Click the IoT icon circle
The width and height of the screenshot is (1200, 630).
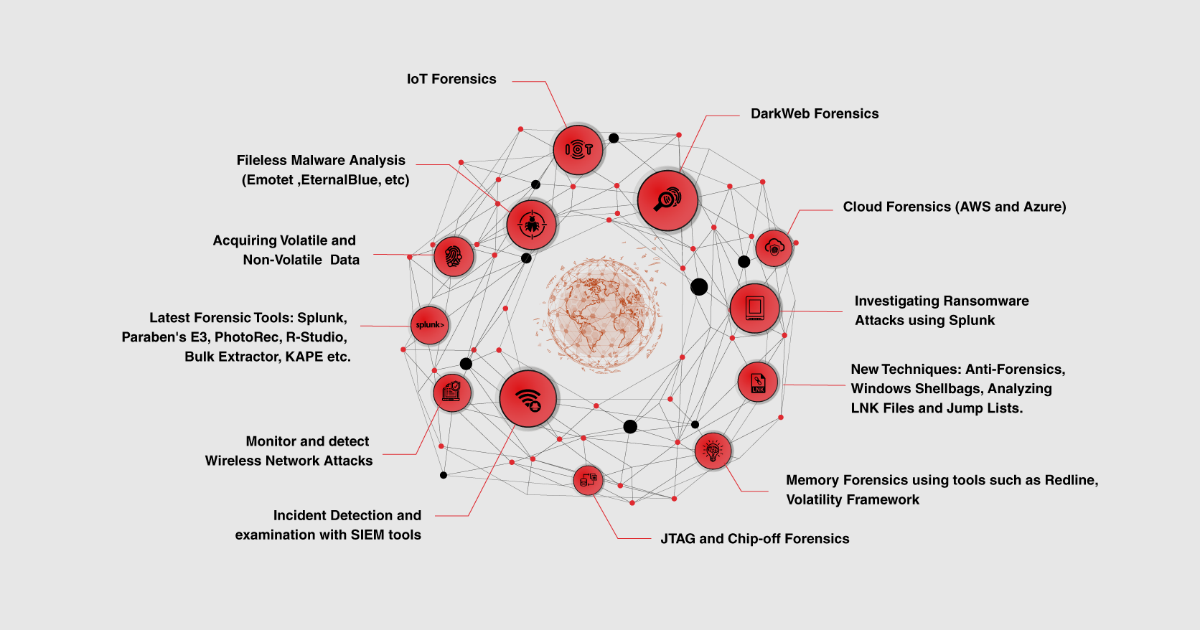[x=578, y=150]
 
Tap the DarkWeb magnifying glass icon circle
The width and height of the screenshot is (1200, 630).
[x=667, y=200]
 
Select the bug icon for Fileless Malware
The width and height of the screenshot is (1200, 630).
[x=531, y=225]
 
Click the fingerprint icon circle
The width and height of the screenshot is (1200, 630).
[x=454, y=256]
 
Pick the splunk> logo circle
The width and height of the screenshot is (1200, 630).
[x=429, y=325]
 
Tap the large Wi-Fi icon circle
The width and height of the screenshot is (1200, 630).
[x=528, y=399]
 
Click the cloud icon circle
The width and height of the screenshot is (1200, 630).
[x=774, y=248]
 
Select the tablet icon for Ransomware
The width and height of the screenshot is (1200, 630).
[x=754, y=309]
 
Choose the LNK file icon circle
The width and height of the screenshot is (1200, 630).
[x=758, y=382]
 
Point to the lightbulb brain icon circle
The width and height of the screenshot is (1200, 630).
[x=713, y=451]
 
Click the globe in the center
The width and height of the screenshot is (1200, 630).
[x=601, y=314]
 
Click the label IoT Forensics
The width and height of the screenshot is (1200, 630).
[x=451, y=79]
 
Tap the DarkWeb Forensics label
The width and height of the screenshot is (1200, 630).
[x=815, y=113]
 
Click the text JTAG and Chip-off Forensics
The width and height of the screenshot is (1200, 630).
[x=754, y=539]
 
